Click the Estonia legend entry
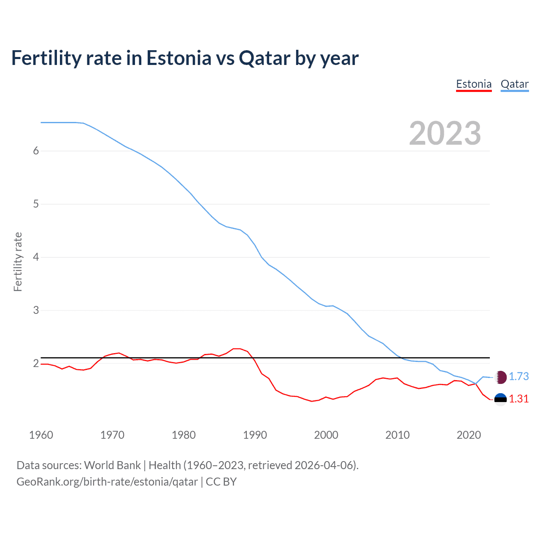[x=474, y=84]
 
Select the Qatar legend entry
[x=514, y=84]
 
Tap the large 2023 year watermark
[x=445, y=133]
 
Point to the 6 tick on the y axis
[x=36, y=151]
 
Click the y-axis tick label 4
[x=36, y=257]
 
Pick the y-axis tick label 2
[x=36, y=363]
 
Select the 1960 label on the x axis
[x=41, y=435]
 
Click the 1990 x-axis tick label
[x=255, y=435]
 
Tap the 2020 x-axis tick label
[x=469, y=435]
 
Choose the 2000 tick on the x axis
[x=326, y=435]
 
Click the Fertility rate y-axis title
[x=18, y=262]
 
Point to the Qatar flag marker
[x=500, y=377]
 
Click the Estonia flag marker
[x=500, y=399]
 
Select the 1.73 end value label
[x=518, y=376]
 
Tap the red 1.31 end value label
[x=518, y=399]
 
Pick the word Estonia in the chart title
[x=178, y=58]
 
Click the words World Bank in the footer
[x=112, y=465]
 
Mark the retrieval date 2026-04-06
[x=325, y=465]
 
